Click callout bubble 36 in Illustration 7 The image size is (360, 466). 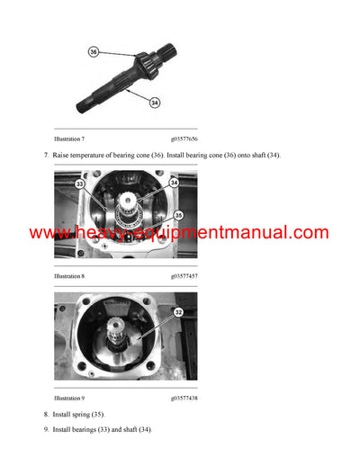pos(94,52)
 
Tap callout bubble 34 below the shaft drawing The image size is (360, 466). pos(155,103)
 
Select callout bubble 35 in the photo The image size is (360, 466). pos(179,215)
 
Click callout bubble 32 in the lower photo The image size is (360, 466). pos(179,312)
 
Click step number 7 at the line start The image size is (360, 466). pos(46,156)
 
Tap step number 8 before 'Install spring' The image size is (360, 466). pos(46,414)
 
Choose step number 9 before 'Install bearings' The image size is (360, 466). pos(46,430)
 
